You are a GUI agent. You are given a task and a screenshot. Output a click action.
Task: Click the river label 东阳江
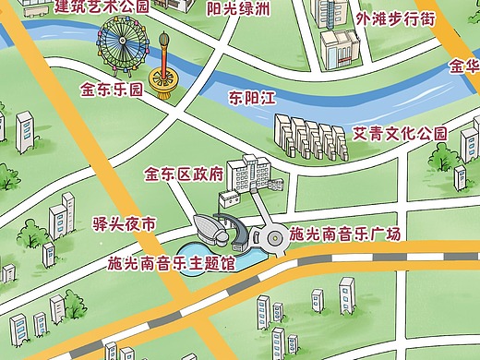click(x=253, y=96)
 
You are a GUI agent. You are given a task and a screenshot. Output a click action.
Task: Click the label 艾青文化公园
click(x=401, y=134)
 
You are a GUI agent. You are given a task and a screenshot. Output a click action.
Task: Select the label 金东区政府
click(x=185, y=173)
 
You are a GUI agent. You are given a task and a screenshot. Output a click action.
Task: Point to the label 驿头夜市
click(x=125, y=224)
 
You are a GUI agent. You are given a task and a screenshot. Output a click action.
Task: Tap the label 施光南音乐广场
click(x=344, y=234)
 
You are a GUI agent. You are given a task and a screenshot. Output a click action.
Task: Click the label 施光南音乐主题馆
click(x=171, y=264)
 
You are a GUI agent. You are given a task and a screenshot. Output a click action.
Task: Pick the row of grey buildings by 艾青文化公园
click(x=310, y=138)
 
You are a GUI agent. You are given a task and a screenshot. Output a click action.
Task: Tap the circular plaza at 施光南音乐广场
click(x=273, y=239)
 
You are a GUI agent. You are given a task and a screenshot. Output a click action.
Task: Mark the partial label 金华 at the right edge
click(x=464, y=66)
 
